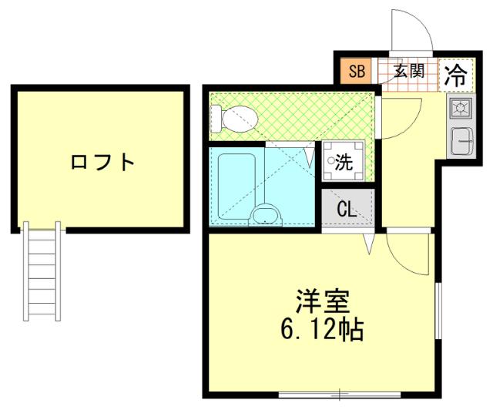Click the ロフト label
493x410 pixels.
point(102,163)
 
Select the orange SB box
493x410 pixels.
point(356,72)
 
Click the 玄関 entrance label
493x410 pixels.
point(408,72)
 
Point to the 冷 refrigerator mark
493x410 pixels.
point(456,75)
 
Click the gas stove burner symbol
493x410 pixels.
point(461,107)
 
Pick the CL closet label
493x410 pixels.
point(346,208)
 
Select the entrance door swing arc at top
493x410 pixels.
point(411,35)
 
